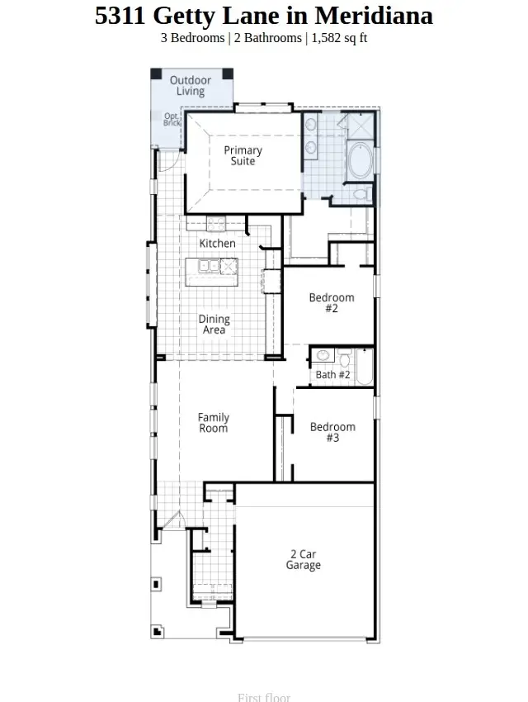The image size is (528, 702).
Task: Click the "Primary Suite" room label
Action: pyautogui.click(x=243, y=155)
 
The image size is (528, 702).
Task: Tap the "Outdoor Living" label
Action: pyautogui.click(x=191, y=86)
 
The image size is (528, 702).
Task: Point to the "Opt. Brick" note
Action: pyautogui.click(x=172, y=119)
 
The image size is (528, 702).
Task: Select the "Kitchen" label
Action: pyautogui.click(x=217, y=244)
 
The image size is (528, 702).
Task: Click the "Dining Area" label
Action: pyautogui.click(x=214, y=325)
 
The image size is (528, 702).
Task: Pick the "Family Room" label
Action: pyautogui.click(x=214, y=423)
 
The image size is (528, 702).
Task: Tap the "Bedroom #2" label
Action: pyautogui.click(x=332, y=303)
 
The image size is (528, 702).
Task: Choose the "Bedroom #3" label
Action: pyautogui.click(x=332, y=432)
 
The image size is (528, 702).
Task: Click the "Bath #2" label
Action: pyautogui.click(x=333, y=375)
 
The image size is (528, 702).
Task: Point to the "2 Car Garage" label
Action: pyautogui.click(x=304, y=560)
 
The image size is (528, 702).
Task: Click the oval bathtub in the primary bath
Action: pyautogui.click(x=361, y=163)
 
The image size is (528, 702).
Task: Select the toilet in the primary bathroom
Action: pyautogui.click(x=360, y=195)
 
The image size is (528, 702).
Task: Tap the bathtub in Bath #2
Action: pyautogui.click(x=365, y=366)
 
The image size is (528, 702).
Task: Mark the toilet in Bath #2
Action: pyautogui.click(x=344, y=357)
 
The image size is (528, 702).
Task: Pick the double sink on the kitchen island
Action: pyautogui.click(x=207, y=266)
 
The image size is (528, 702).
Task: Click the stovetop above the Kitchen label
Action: pyautogui.click(x=216, y=223)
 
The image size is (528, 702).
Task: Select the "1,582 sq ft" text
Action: pyautogui.click(x=339, y=38)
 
